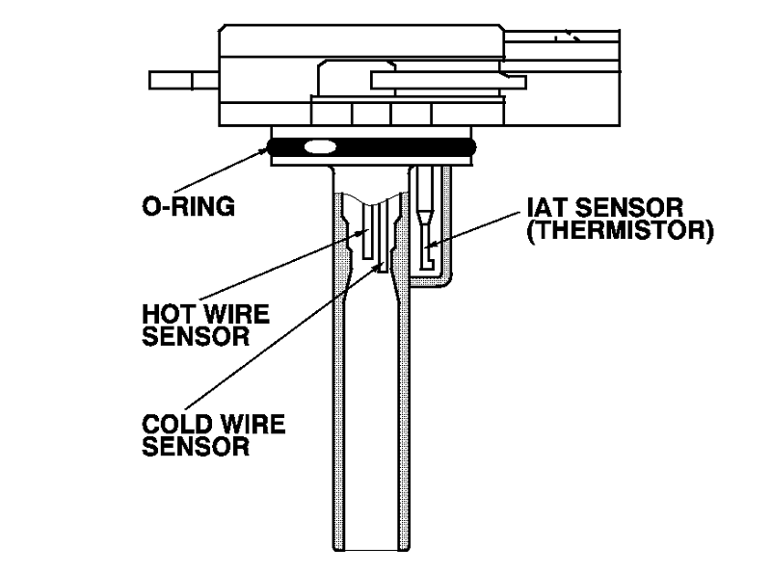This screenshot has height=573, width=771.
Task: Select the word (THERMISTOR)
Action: pyautogui.click(x=619, y=231)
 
